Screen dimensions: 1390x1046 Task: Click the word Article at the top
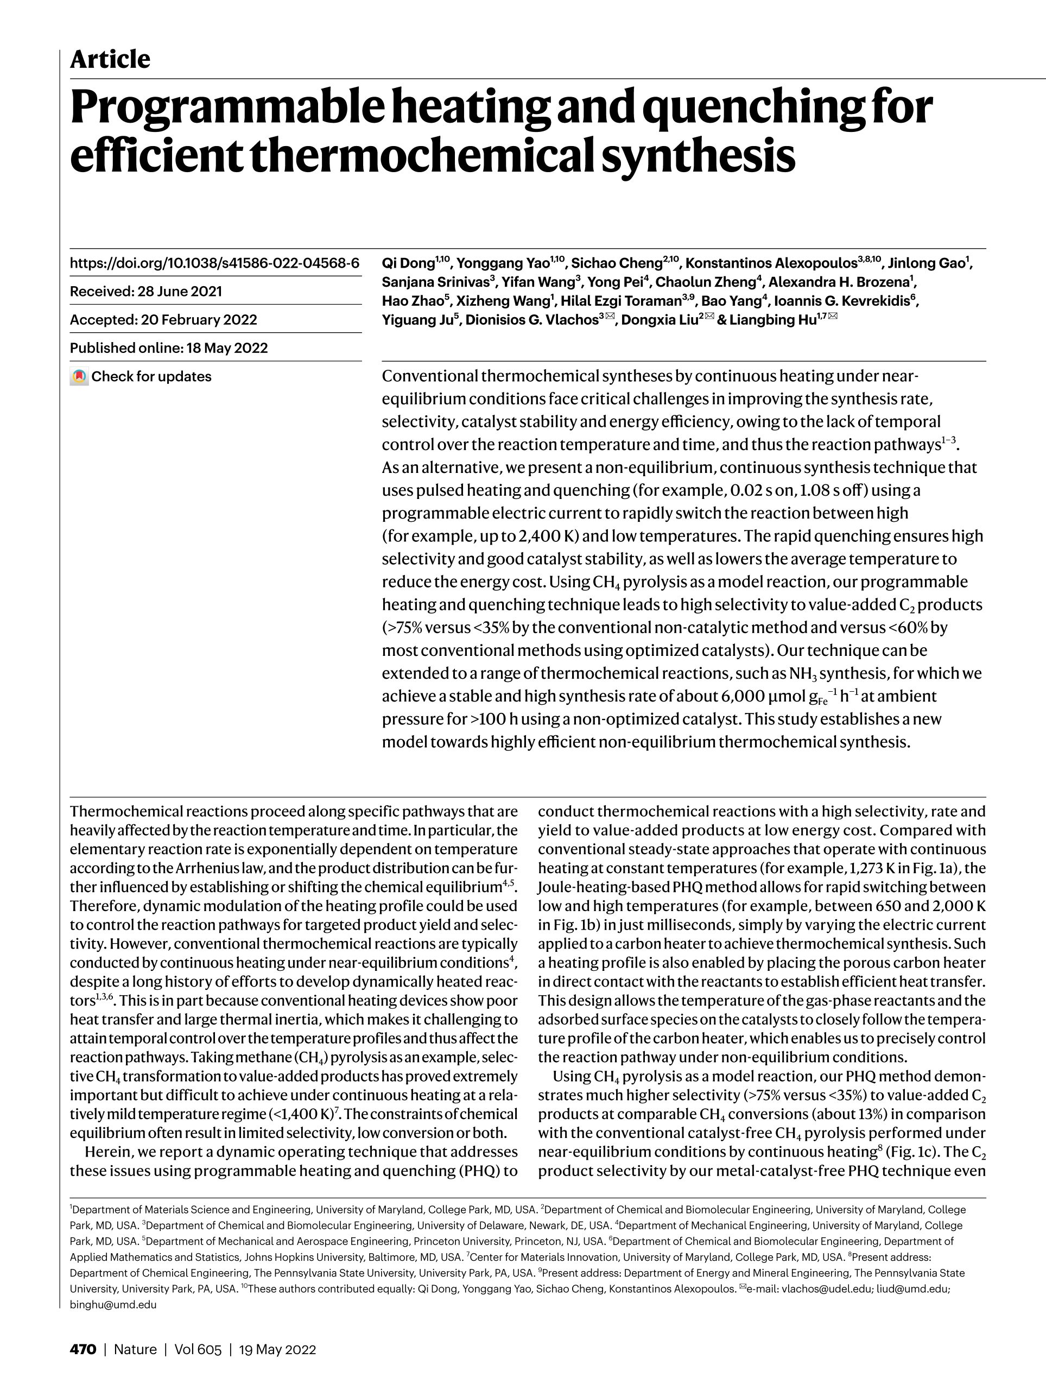[110, 60]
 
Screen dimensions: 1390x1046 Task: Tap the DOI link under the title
[214, 263]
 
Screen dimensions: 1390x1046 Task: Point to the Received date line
[146, 292]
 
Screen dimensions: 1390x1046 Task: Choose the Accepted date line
[163, 320]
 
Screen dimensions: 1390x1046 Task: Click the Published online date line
[168, 348]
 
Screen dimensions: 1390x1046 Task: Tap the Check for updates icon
[79, 377]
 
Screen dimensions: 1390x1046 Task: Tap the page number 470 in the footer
[83, 1350]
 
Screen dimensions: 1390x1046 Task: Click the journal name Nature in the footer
[135, 1350]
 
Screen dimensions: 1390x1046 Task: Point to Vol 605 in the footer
[198, 1350]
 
